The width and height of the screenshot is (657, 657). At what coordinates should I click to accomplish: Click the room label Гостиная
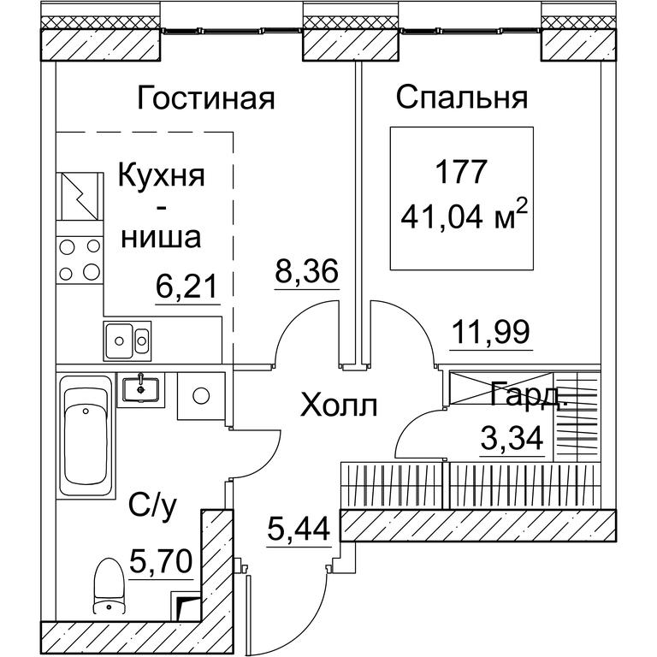(x=205, y=98)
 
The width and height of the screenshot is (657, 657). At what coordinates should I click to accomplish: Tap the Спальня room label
(x=462, y=98)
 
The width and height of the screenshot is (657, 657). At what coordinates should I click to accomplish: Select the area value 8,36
(x=306, y=271)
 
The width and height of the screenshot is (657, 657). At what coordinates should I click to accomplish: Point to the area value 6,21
(x=186, y=287)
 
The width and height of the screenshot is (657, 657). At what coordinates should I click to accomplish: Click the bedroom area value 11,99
(x=491, y=332)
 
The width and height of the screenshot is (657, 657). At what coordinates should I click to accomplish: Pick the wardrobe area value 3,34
(x=512, y=437)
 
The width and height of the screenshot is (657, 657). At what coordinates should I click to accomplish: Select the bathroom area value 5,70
(x=161, y=561)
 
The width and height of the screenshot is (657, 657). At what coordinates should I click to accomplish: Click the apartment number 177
(x=461, y=172)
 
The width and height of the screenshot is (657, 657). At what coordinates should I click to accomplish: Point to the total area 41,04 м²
(x=464, y=216)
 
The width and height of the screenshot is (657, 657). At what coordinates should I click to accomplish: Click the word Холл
(x=339, y=406)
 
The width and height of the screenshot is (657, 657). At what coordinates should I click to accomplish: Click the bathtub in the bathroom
(x=86, y=436)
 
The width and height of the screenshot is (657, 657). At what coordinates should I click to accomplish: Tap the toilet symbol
(x=109, y=587)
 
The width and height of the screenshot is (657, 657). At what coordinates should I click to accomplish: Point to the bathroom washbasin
(x=141, y=390)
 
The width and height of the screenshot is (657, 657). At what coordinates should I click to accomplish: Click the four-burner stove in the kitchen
(x=80, y=260)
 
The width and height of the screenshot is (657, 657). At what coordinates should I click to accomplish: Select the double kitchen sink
(x=127, y=340)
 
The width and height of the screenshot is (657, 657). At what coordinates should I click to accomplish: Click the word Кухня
(x=162, y=176)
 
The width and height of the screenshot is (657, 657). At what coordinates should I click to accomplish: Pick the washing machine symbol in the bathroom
(x=201, y=395)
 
